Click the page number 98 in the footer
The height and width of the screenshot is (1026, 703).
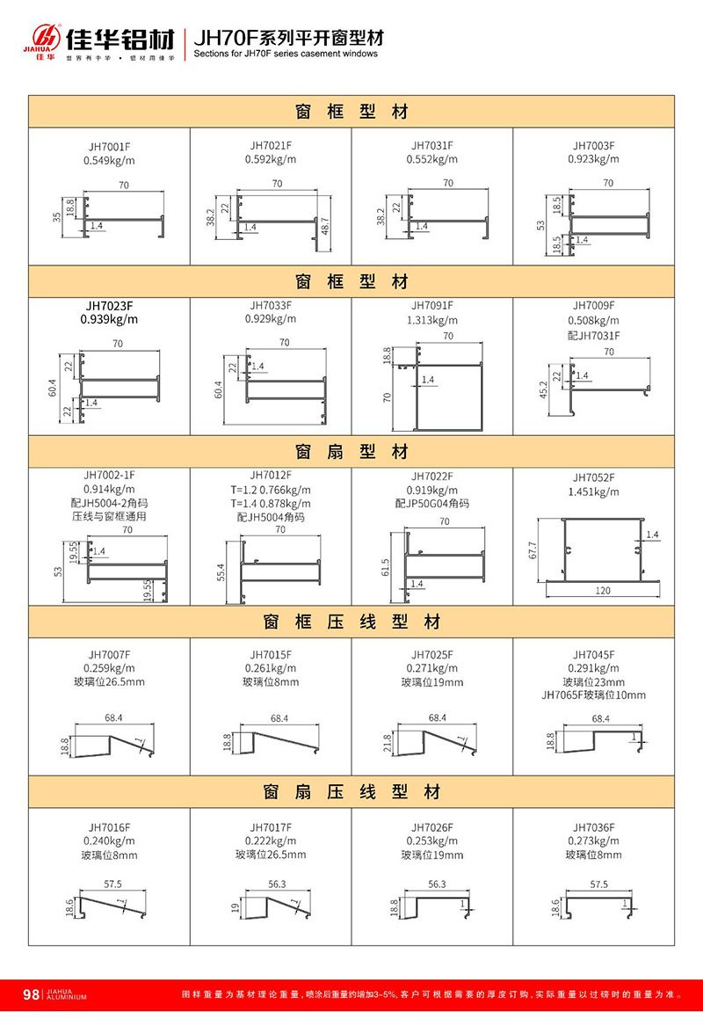(31, 994)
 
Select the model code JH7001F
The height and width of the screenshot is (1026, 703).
(109, 146)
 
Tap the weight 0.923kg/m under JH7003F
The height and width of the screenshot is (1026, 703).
(594, 159)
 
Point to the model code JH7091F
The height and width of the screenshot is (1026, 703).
(432, 305)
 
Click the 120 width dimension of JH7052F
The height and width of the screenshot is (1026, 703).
(603, 591)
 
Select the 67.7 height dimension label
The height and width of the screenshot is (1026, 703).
(533, 549)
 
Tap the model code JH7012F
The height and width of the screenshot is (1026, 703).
(271, 475)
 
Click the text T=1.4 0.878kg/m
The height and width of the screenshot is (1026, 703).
(271, 504)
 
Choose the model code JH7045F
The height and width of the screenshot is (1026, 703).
(594, 654)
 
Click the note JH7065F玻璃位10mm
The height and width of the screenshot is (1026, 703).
(594, 695)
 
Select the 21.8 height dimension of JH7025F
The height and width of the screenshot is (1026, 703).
(388, 744)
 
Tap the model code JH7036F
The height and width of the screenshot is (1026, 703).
(594, 827)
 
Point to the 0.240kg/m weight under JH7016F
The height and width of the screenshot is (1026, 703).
(109, 841)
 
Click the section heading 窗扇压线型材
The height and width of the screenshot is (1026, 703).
(351, 792)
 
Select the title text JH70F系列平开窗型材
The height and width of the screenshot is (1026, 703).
(288, 39)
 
